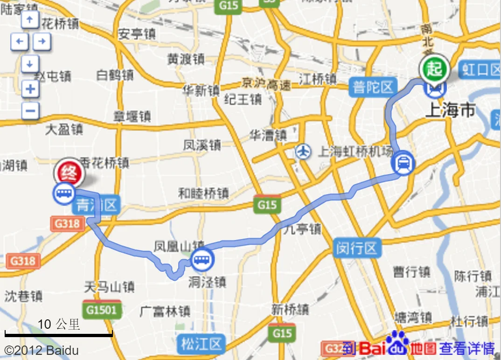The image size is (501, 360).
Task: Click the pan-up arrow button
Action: click(x=30, y=20)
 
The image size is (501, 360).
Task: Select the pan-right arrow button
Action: click(x=42, y=42)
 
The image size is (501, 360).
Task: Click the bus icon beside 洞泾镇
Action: click(x=202, y=260)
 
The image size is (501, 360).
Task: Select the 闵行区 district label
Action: click(x=357, y=248)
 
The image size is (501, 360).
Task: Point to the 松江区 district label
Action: click(x=201, y=344)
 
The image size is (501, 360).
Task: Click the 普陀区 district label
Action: click(x=373, y=87)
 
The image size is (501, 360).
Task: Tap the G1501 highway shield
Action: click(x=102, y=310)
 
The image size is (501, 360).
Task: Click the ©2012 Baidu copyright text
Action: click(x=42, y=350)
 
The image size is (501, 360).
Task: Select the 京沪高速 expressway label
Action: click(x=266, y=84)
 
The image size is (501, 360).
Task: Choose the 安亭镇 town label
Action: click(x=137, y=34)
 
